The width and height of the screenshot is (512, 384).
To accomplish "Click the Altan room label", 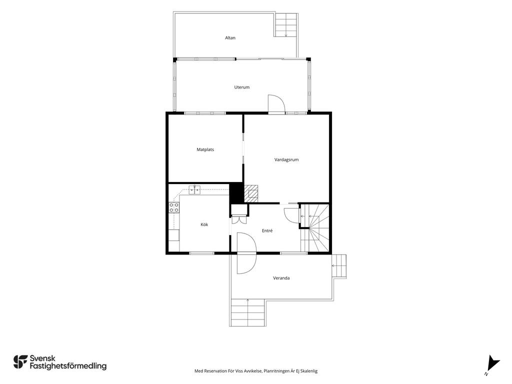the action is (230, 38).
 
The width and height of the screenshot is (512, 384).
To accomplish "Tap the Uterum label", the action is (242, 87).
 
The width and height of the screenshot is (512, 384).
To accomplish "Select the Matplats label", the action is (205, 149).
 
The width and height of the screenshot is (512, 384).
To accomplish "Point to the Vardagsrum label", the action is (286, 159).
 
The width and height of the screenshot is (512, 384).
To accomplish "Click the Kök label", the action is (204, 224).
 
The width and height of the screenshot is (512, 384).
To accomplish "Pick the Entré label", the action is (267, 230).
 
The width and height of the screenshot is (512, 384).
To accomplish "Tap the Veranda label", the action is (281, 278).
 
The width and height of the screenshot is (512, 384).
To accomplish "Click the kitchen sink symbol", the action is (194, 189).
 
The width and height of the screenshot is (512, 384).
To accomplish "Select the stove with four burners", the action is (174, 207).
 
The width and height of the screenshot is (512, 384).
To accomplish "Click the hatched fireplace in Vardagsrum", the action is (251, 192).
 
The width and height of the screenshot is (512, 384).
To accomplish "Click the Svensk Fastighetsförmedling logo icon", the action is (20, 362).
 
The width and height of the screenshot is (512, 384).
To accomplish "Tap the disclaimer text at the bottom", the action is (256, 371).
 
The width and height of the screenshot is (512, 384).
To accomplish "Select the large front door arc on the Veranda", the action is (246, 253).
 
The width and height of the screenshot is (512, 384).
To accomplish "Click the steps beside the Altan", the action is (286, 25).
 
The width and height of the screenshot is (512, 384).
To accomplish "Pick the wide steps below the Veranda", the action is (247, 312).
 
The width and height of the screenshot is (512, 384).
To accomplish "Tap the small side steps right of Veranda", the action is (339, 266).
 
